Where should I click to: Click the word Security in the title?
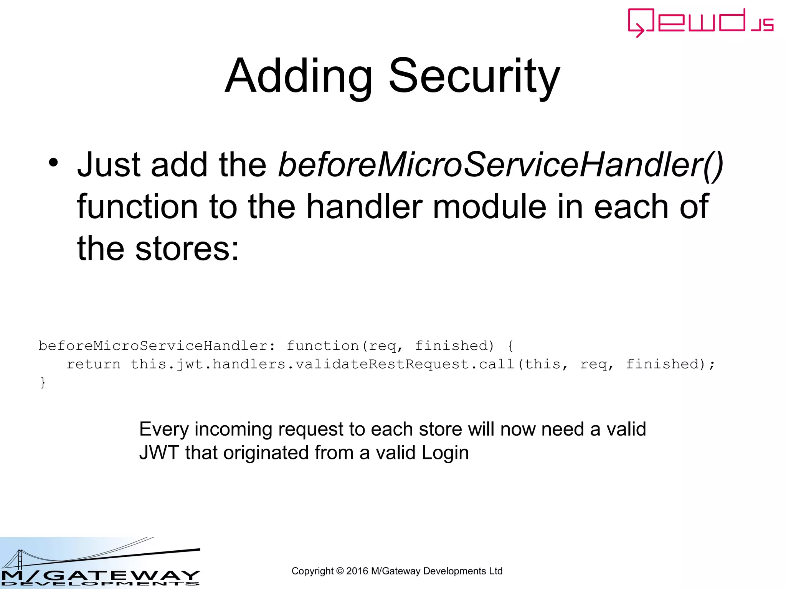[474, 76]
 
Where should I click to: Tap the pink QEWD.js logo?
[700, 23]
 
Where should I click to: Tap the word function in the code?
[322, 346]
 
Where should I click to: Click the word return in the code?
[93, 364]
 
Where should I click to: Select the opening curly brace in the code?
[510, 346]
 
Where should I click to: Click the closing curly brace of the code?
[43, 382]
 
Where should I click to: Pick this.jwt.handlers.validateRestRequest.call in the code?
[322, 364]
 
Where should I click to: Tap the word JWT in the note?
[159, 453]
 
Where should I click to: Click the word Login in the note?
[445, 453]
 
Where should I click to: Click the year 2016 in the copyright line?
[357, 571]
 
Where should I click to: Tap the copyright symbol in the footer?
[340, 571]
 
